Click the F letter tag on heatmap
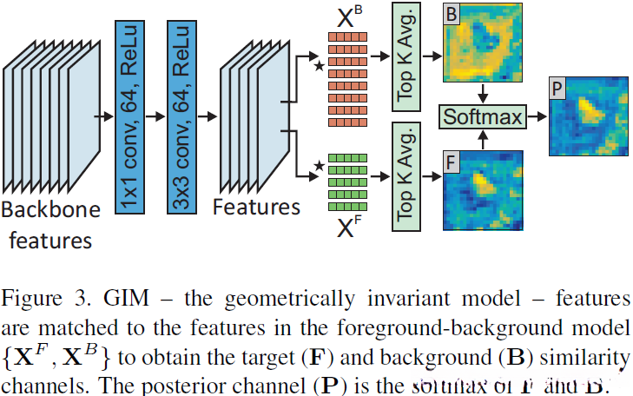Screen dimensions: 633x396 tap(452, 161)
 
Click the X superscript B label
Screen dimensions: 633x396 tap(343, 17)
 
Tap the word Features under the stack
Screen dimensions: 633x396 tap(256, 207)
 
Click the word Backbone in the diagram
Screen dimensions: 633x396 tap(51, 208)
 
